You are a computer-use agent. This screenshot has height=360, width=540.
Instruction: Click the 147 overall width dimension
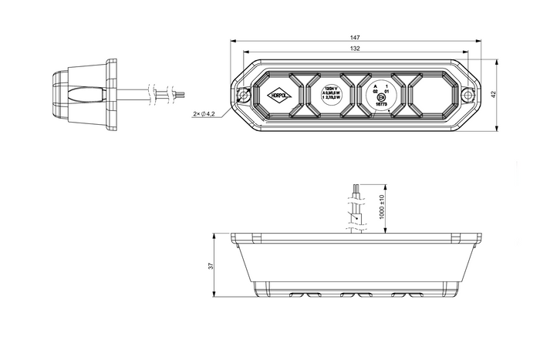click(x=355, y=37)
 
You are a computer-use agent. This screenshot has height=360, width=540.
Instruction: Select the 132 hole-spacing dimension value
click(x=355, y=49)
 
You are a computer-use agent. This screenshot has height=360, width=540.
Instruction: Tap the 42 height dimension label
click(x=493, y=93)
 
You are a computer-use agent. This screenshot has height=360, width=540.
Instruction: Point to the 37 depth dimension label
click(x=211, y=266)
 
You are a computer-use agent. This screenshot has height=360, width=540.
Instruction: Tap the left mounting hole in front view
click(x=244, y=96)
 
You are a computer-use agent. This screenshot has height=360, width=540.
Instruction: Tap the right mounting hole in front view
click(x=467, y=93)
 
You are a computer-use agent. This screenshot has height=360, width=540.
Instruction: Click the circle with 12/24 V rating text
click(x=331, y=94)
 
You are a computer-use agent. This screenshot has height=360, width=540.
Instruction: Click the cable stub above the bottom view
click(x=355, y=208)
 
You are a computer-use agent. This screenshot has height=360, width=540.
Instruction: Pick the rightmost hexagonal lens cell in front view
click(x=427, y=94)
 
